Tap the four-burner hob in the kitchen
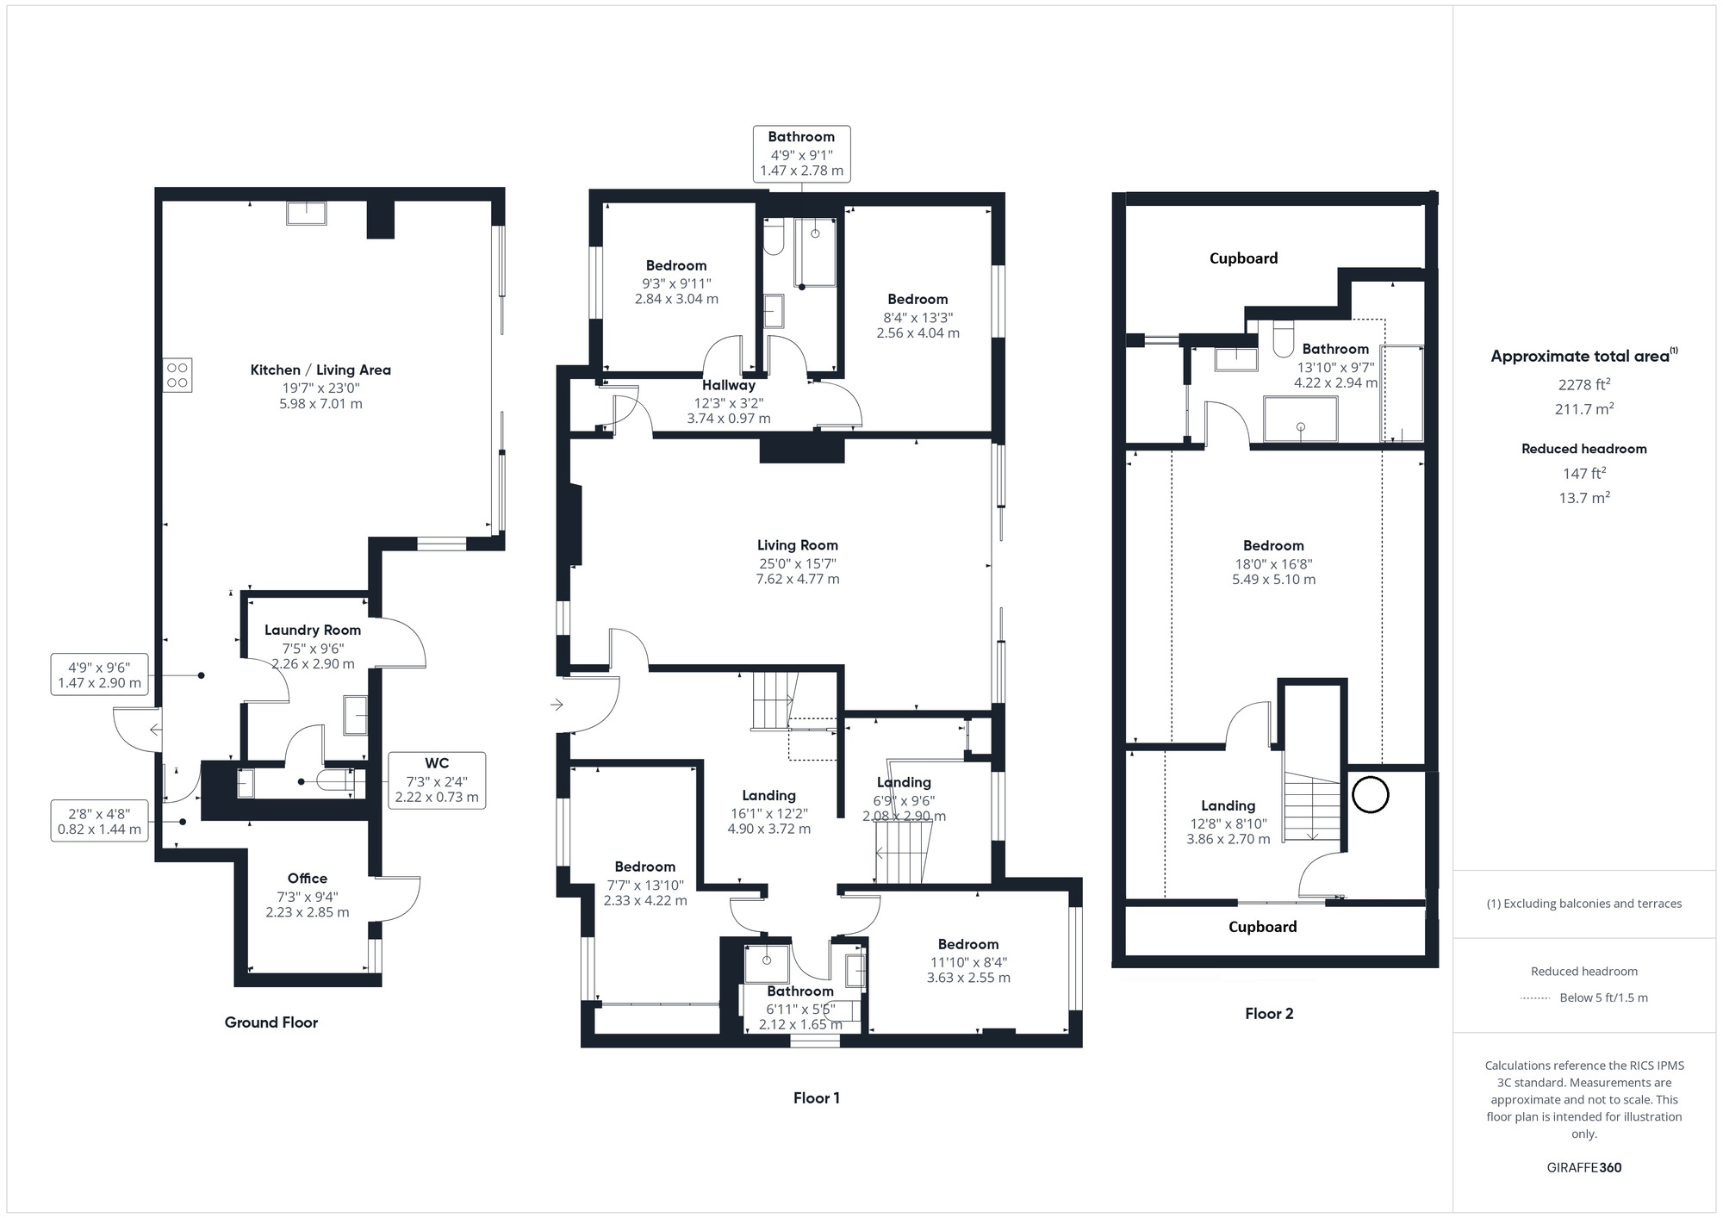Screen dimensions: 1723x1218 177,375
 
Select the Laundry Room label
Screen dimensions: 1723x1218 313,630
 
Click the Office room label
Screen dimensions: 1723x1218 308,879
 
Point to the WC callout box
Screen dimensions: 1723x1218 437,780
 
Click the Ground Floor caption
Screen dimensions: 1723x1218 271,1022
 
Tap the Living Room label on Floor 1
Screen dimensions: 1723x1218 798,545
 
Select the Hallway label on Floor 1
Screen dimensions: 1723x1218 729,385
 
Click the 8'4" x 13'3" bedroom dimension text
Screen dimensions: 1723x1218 918,316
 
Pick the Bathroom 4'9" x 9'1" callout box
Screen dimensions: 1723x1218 802,153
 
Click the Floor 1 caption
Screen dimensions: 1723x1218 817,1098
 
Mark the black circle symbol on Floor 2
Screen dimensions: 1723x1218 1370,794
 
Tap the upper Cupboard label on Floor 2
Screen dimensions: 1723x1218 1243,258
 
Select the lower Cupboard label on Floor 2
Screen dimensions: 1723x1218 1262,927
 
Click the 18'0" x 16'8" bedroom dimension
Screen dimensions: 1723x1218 1273,564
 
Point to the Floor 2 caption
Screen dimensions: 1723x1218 1269,1014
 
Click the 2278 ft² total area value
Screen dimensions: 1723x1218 1584,384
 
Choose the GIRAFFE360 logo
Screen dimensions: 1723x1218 1584,1168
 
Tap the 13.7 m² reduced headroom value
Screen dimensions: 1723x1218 1584,497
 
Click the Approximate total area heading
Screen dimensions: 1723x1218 1584,356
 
